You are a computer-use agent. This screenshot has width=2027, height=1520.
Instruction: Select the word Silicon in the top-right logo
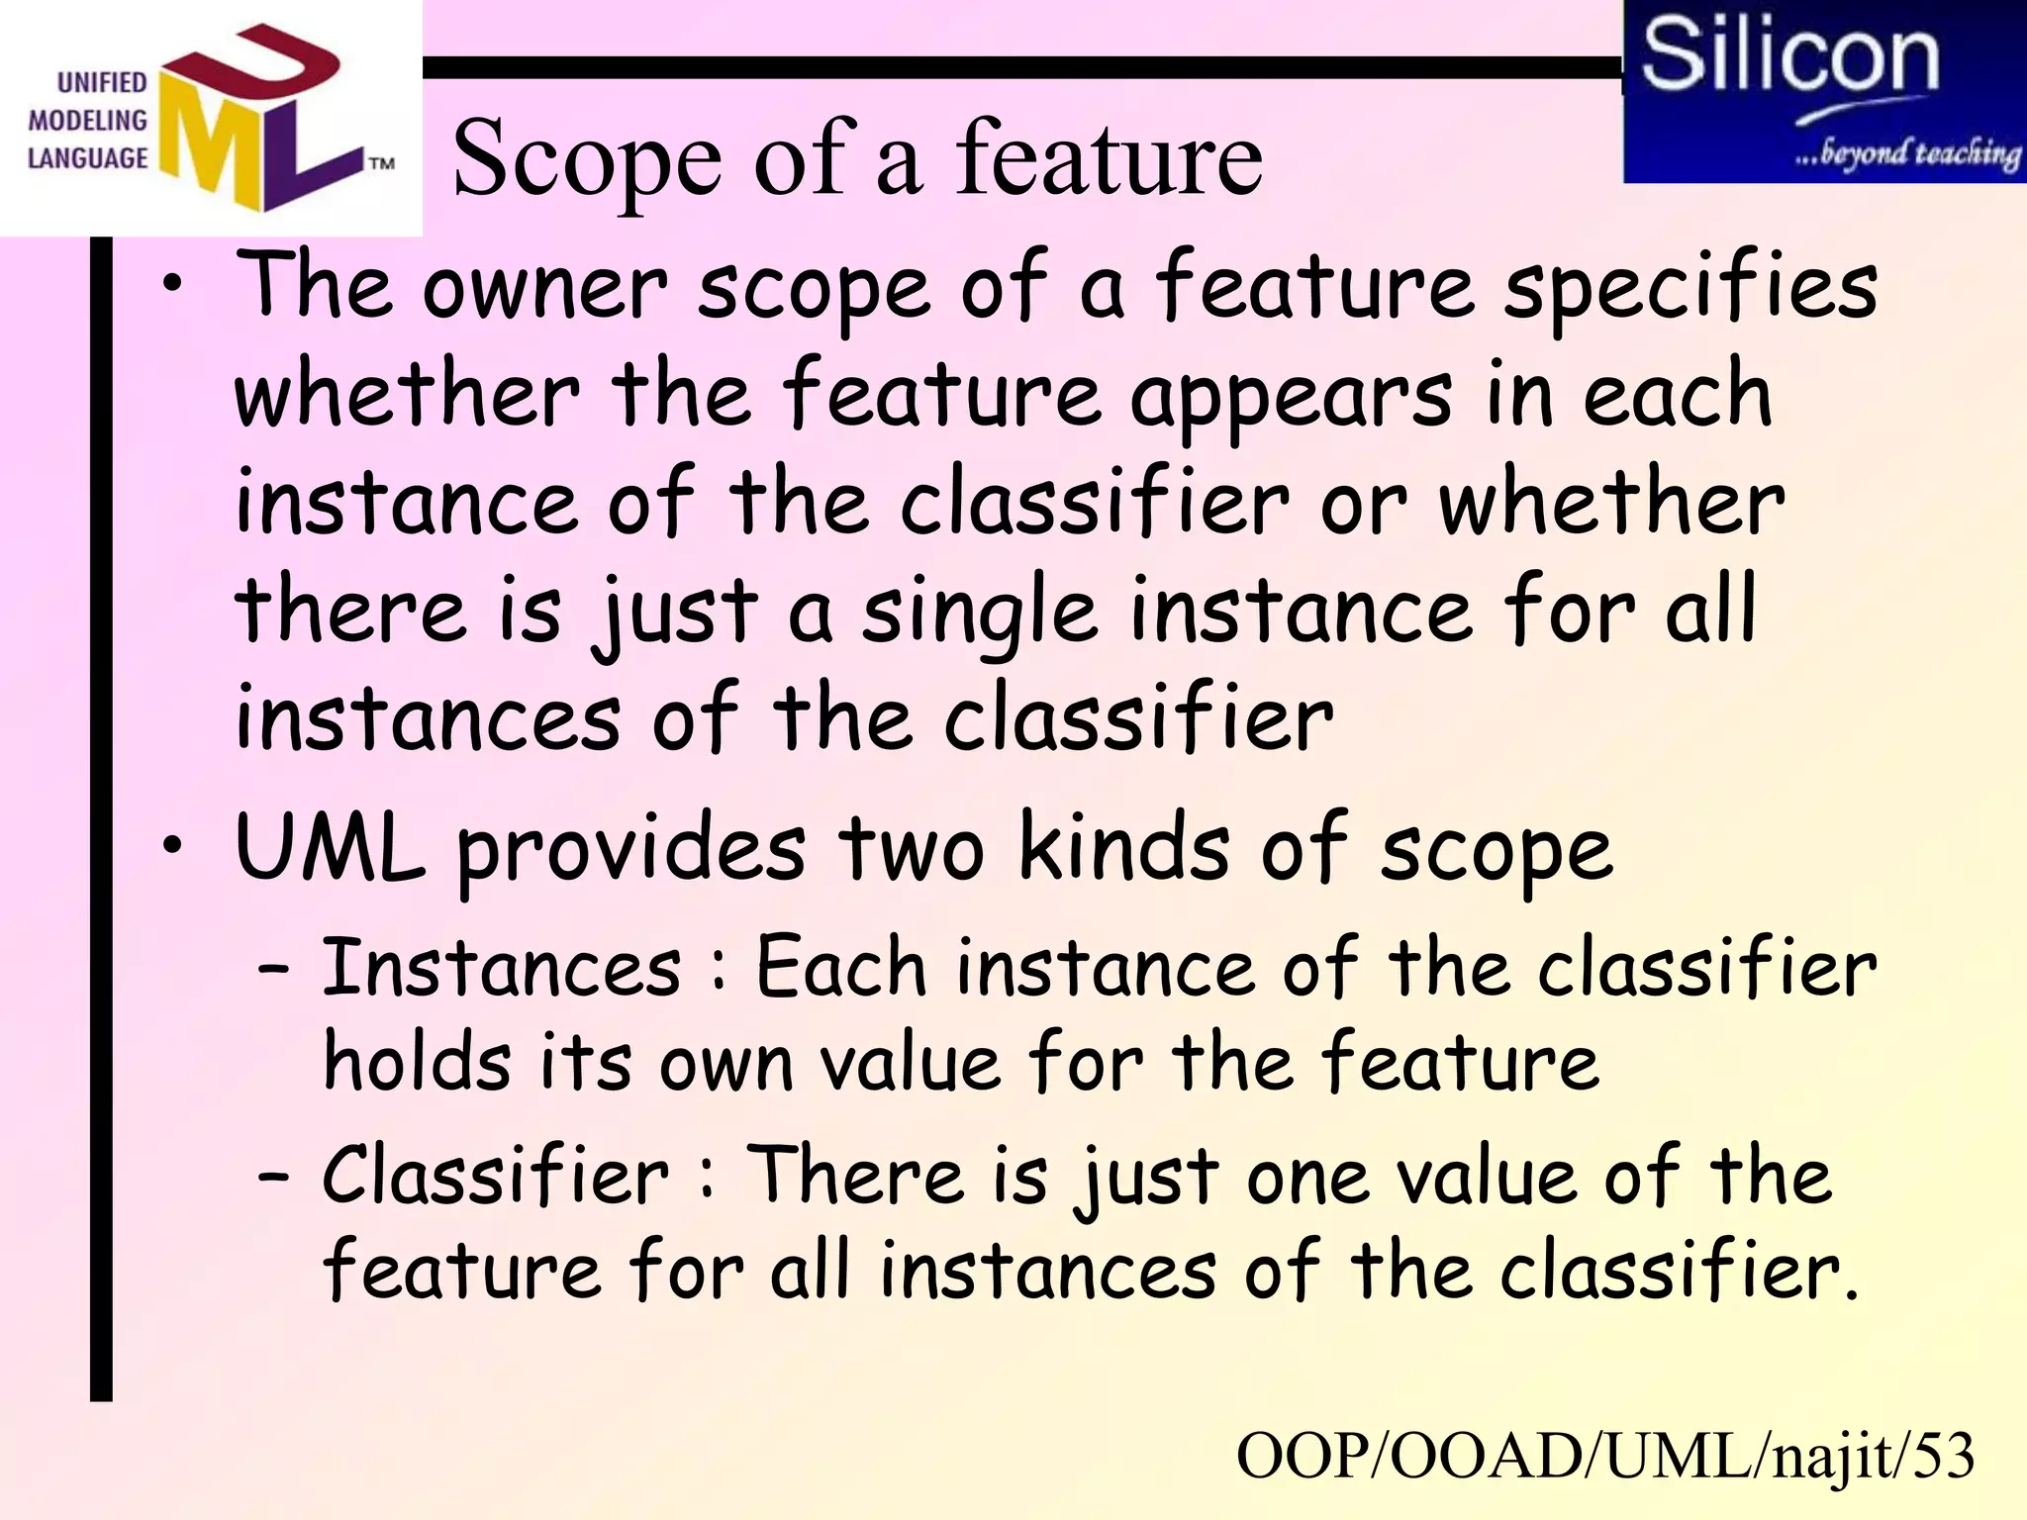1789,56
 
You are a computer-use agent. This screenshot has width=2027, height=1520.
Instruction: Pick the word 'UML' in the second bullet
330,848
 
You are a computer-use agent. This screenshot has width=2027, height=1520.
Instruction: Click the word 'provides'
631,851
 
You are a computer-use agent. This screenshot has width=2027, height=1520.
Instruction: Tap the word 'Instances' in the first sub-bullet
502,967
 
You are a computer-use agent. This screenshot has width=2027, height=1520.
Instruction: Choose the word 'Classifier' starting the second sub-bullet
496,1175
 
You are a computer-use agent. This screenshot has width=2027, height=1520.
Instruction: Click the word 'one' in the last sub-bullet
1306,1178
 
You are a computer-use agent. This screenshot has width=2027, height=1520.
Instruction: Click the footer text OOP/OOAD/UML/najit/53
1605,1457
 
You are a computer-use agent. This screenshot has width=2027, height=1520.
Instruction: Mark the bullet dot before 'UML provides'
173,846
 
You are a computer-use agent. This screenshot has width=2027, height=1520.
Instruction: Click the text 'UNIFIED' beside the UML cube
102,82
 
